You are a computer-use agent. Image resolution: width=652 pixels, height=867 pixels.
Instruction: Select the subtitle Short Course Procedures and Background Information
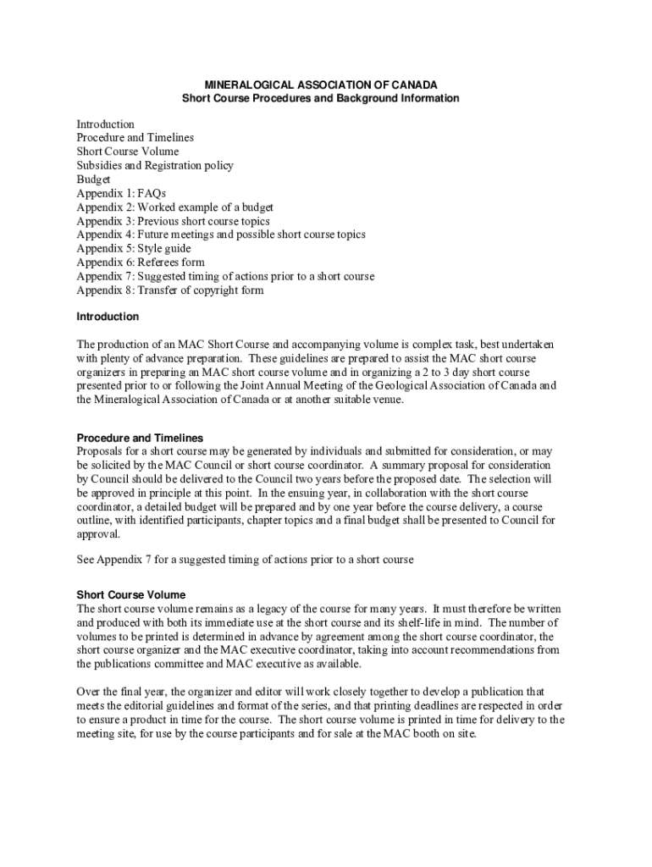click(x=321, y=98)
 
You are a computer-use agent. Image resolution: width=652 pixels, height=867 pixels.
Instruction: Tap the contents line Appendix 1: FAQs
click(x=121, y=194)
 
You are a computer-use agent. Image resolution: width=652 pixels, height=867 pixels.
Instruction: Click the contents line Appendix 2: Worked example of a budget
click(x=175, y=207)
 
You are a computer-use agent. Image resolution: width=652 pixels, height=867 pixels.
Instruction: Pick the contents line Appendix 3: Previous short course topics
click(x=174, y=221)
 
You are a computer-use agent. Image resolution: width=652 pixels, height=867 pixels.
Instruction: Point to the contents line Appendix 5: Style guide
click(x=134, y=249)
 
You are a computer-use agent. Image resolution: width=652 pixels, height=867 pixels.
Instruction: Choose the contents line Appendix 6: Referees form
click(x=141, y=262)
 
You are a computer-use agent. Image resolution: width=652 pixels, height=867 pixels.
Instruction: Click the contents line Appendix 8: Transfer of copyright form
click(x=170, y=290)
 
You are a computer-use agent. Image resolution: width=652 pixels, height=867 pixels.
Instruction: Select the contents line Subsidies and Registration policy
click(x=155, y=166)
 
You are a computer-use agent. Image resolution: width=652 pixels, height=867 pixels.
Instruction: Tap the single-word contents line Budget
click(x=94, y=179)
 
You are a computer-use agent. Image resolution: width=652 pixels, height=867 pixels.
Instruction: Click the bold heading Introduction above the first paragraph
click(x=108, y=317)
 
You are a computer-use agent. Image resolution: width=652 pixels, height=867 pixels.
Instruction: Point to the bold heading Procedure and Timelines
click(x=140, y=438)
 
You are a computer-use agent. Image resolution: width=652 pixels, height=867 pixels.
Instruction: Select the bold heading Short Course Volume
click(x=131, y=595)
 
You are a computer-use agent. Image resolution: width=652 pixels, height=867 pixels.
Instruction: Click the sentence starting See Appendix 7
click(x=245, y=561)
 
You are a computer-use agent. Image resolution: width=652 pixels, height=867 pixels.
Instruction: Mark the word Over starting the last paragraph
click(x=89, y=692)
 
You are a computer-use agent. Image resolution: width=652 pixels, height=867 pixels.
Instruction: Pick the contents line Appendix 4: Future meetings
click(x=221, y=235)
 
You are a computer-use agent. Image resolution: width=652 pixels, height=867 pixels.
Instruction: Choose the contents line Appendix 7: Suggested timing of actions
click(x=225, y=276)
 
